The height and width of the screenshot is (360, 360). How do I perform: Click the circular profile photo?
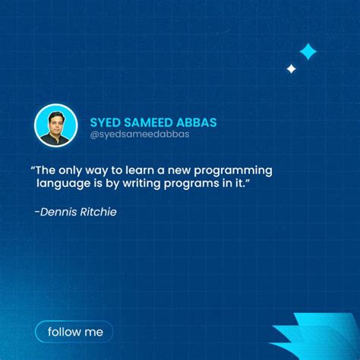click(x=56, y=125)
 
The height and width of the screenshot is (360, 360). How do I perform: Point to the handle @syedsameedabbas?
click(x=139, y=134)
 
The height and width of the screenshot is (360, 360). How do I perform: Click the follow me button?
click(x=74, y=332)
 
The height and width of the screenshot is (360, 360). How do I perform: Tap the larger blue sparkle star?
click(x=308, y=52)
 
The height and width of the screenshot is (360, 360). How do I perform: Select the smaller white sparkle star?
click(x=291, y=69)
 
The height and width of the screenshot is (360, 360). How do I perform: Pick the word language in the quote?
click(x=63, y=185)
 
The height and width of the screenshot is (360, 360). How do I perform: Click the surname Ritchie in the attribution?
click(x=98, y=212)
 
